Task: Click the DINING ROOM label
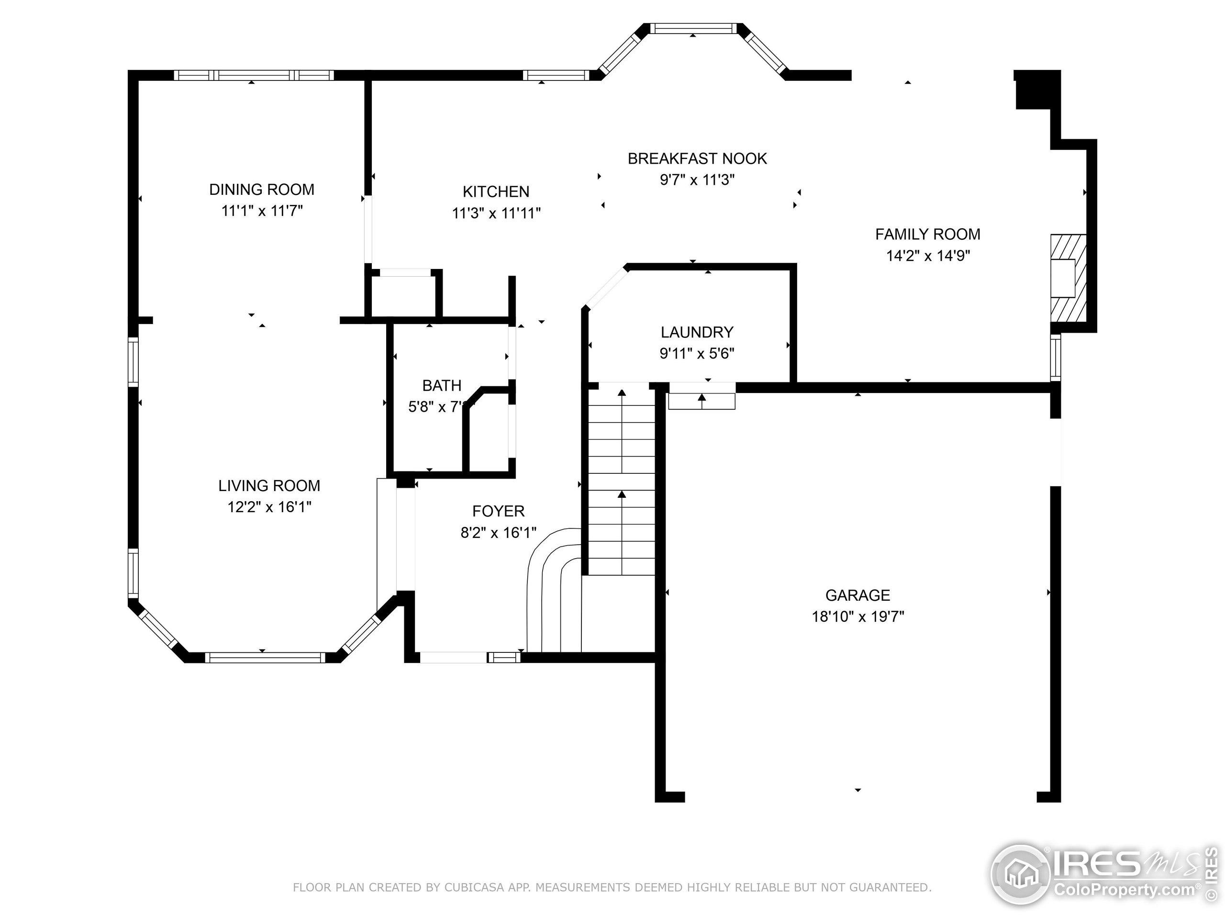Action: pyautogui.click(x=261, y=190)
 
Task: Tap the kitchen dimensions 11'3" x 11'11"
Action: pyautogui.click(x=496, y=213)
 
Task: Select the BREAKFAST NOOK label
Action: pyautogui.click(x=697, y=159)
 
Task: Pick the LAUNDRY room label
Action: pyautogui.click(x=697, y=332)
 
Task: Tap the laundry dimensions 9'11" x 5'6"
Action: pyautogui.click(x=697, y=353)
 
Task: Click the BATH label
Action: pyautogui.click(x=441, y=385)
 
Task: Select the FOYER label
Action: pyautogui.click(x=498, y=511)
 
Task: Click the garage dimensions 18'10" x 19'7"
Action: pyautogui.click(x=857, y=616)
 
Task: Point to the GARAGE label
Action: pyautogui.click(x=857, y=595)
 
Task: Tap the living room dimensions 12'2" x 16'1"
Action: pyautogui.click(x=269, y=507)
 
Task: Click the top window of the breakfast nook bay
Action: pyautogui.click(x=693, y=28)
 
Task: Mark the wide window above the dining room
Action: pyautogui.click(x=254, y=75)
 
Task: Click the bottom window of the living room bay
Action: pyautogui.click(x=265, y=658)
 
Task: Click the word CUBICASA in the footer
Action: pyautogui.click(x=473, y=887)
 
